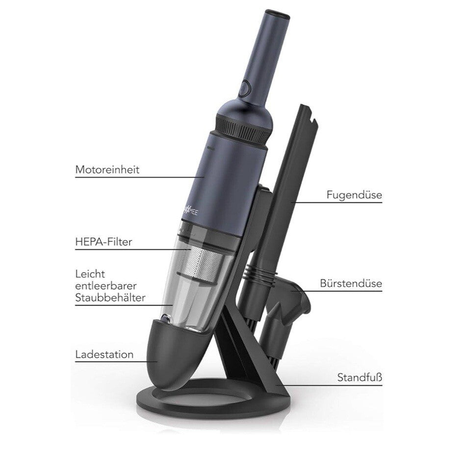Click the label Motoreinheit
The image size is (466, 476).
107,169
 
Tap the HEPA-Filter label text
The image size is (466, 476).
104,242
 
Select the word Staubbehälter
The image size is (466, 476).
110,298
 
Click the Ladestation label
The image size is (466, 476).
104,354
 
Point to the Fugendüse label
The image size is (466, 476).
354,194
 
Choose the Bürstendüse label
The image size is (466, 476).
351,283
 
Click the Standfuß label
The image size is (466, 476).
360,378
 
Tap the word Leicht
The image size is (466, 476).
90,274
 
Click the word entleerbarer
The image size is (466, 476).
106,286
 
